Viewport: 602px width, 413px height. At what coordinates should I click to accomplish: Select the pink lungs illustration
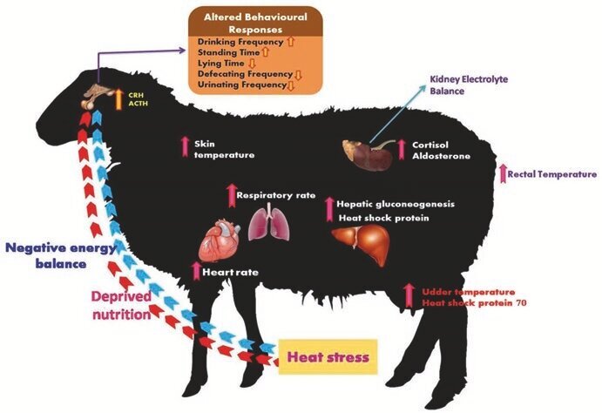click(265, 223)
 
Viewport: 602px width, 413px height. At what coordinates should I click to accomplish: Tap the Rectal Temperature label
click(552, 174)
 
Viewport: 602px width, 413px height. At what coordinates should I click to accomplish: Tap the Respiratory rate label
click(276, 196)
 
